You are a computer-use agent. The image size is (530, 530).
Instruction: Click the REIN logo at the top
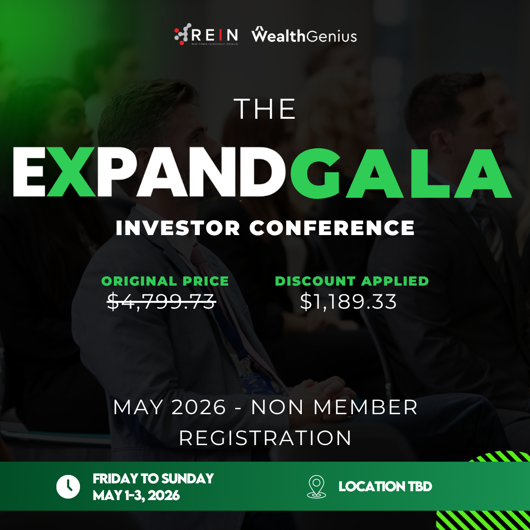pos(206,34)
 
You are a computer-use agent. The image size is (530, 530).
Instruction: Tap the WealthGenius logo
pos(304,34)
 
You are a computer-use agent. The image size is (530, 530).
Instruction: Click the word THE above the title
pos(265,109)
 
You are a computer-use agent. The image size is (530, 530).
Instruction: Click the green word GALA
pos(400,172)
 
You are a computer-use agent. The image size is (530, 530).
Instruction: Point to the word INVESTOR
pos(178,228)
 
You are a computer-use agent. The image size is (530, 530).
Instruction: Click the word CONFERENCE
pos(332,228)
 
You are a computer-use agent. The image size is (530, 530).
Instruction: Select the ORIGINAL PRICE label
pos(165,281)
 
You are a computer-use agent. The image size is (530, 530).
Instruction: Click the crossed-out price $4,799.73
pos(161,301)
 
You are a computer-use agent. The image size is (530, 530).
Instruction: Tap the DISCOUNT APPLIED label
pos(351,281)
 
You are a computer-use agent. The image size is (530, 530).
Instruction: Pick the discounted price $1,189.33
pos(348,301)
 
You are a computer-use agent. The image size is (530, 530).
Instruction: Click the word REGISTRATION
pos(265,438)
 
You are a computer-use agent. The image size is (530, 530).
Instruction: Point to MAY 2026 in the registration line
pos(169,407)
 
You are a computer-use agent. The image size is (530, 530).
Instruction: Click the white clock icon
pos(68,487)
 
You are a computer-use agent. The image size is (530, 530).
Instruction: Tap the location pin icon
pos(317,487)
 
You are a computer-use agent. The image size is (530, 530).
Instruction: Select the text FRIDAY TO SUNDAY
pos(153,478)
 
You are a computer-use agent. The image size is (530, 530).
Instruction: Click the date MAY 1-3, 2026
pos(136,496)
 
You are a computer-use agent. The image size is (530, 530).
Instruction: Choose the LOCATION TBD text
pos(385,487)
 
